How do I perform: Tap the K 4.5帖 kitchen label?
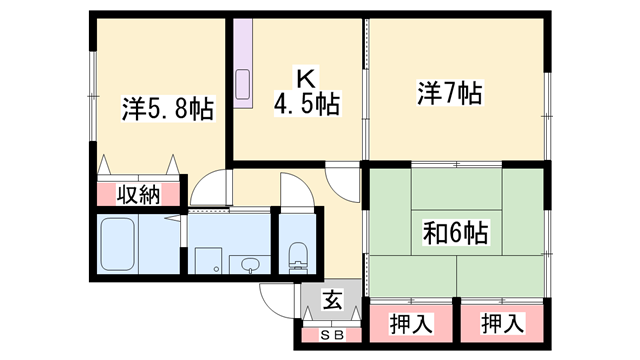click(306, 90)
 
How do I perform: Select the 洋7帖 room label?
click(449, 94)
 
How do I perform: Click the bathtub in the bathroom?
click(124, 244)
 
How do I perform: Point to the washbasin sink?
click(249, 264)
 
